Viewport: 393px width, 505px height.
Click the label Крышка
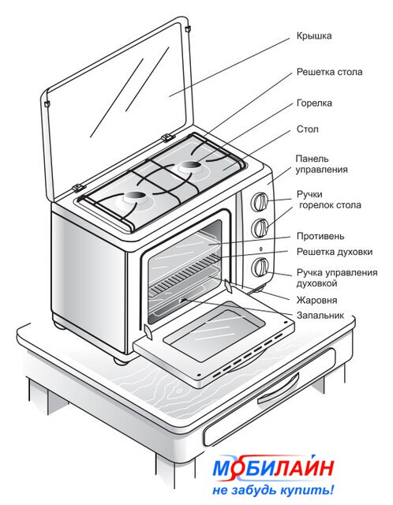[x=314, y=36]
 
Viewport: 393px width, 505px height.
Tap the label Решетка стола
[x=329, y=72]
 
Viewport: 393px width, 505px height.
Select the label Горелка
[x=314, y=103]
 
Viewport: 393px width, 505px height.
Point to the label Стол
[x=307, y=129]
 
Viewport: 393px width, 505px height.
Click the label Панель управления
[x=321, y=164]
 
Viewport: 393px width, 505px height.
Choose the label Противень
[x=320, y=236]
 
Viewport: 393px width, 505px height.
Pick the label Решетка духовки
[x=335, y=252]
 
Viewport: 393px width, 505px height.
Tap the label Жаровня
[x=316, y=300]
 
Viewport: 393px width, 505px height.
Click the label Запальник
[x=320, y=315]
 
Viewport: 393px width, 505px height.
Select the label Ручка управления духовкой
[x=337, y=278]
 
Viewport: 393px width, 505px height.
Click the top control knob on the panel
[x=260, y=202]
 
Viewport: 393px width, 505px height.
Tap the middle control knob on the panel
[x=260, y=228]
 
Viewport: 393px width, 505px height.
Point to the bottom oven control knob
[x=260, y=267]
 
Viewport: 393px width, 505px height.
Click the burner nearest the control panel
[x=191, y=166]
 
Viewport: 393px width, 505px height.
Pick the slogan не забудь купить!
[x=273, y=490]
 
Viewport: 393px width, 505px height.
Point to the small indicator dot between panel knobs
[x=260, y=249]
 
